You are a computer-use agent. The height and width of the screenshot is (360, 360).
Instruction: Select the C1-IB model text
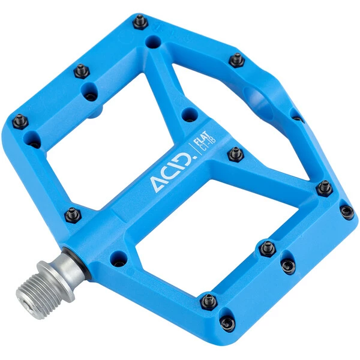click(x=208, y=144)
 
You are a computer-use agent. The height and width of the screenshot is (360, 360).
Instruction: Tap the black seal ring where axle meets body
click(x=77, y=263)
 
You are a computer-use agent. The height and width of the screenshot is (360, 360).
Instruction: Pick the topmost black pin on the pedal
click(x=140, y=22)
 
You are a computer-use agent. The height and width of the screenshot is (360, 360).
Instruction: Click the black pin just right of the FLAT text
click(x=236, y=154)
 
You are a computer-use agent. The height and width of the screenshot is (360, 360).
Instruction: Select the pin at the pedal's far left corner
click(x=20, y=121)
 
